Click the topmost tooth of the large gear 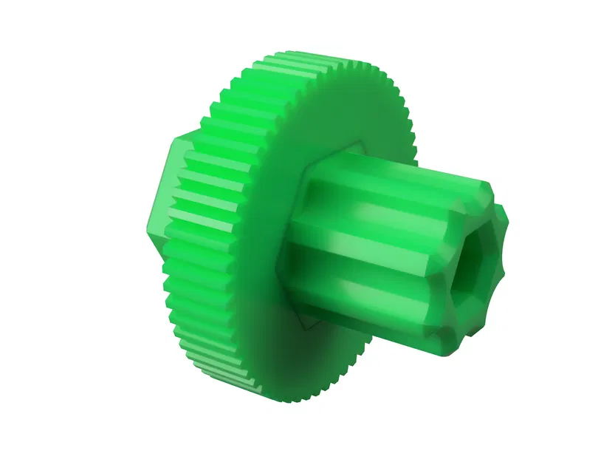[295, 56]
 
